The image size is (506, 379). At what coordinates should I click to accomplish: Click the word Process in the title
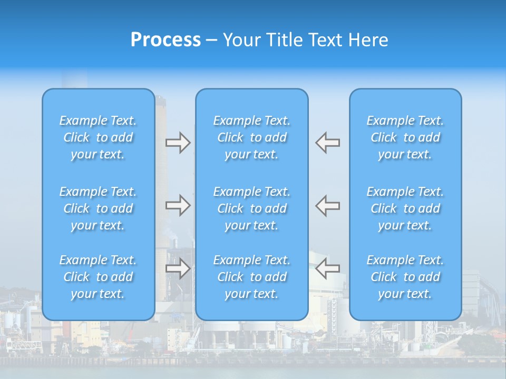pyautogui.click(x=166, y=40)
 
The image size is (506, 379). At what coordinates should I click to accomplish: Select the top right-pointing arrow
pyautogui.click(x=178, y=143)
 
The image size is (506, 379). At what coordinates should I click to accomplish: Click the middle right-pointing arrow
pyautogui.click(x=178, y=205)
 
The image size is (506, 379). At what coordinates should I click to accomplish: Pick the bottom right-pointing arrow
pyautogui.click(x=178, y=268)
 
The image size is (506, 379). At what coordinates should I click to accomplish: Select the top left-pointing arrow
pyautogui.click(x=328, y=143)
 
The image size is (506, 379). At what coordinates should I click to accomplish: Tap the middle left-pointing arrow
pyautogui.click(x=328, y=205)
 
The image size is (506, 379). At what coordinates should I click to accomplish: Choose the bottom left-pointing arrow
pyautogui.click(x=328, y=268)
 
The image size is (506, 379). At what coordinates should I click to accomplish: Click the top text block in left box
pyautogui.click(x=98, y=137)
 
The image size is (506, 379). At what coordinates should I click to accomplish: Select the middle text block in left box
pyautogui.click(x=98, y=208)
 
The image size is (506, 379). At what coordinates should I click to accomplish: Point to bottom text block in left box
pyautogui.click(x=98, y=277)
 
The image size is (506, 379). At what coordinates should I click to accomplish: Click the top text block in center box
pyautogui.click(x=252, y=137)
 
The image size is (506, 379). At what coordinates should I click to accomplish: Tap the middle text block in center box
pyautogui.click(x=252, y=208)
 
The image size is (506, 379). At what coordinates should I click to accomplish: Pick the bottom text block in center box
pyautogui.click(x=252, y=277)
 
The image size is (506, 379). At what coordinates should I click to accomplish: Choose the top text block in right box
pyautogui.click(x=405, y=137)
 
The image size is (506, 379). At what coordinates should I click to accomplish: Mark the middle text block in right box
pyautogui.click(x=405, y=208)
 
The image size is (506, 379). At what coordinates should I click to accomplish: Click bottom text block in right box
pyautogui.click(x=405, y=277)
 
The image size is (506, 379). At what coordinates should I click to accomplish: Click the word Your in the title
pyautogui.click(x=242, y=40)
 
